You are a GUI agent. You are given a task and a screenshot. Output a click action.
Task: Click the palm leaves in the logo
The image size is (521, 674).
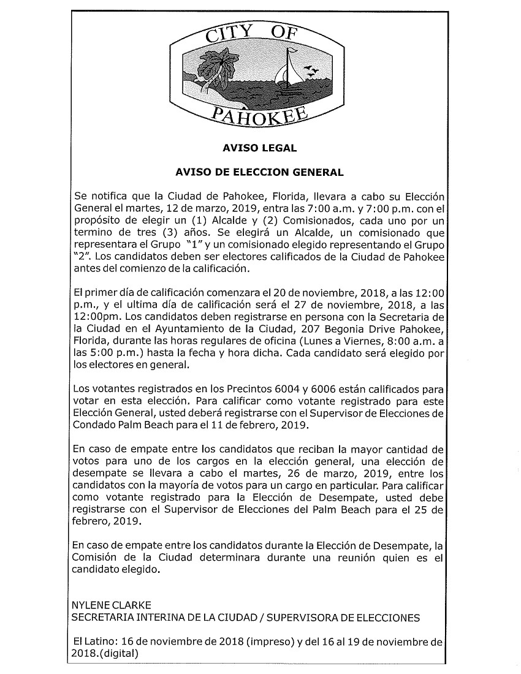(219, 65)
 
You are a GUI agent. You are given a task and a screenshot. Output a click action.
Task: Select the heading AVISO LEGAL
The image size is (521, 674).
(259, 148)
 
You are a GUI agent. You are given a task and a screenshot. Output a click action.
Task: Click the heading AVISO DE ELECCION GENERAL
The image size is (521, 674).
(259, 173)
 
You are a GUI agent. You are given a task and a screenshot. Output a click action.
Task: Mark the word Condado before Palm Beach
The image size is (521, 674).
(93, 424)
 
